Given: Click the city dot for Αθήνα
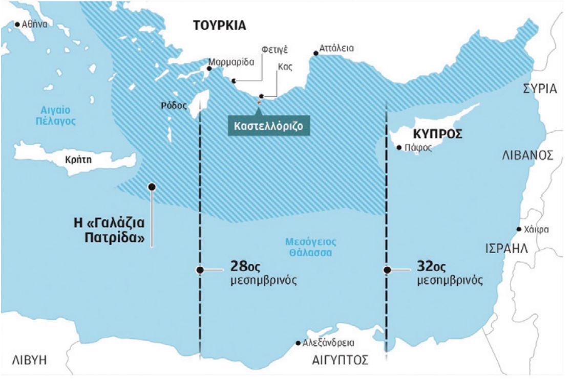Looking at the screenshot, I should (18, 24).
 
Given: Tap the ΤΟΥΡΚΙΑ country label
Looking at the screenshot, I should (220, 26).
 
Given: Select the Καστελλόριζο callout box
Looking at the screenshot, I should (269, 125).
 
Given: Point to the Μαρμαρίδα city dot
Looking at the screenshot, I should (208, 69).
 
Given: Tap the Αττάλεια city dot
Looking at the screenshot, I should (315, 53).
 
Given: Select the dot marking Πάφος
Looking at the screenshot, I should (399, 148).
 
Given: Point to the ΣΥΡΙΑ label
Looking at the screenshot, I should (539, 88).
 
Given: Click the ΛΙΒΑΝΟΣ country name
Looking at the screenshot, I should (528, 155).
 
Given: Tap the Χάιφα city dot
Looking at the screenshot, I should (519, 229).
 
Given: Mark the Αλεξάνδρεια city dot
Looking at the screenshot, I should (298, 343).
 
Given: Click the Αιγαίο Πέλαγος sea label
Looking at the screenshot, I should (56, 116).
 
